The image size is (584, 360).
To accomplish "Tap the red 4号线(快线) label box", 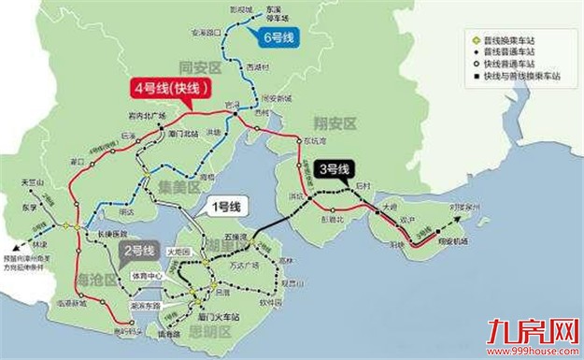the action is [171, 91].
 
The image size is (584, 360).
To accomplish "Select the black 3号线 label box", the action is [333, 169].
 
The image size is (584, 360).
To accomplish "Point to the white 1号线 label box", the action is [225, 205].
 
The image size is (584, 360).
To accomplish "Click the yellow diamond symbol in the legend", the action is [474, 41].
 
